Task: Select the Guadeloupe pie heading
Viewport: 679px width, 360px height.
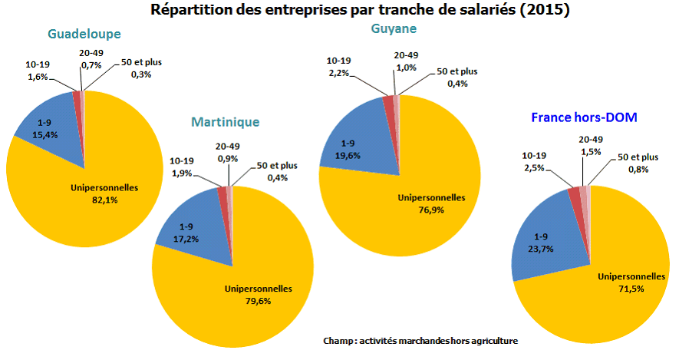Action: (84, 35)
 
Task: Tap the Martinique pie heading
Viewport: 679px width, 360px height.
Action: (226, 122)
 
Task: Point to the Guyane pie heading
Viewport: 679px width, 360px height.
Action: (394, 28)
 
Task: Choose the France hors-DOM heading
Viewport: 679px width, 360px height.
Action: (584, 117)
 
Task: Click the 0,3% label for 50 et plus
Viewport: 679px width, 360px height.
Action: (141, 74)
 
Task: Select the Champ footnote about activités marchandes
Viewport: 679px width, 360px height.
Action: (420, 341)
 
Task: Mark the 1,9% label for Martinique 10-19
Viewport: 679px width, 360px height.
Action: (181, 173)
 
